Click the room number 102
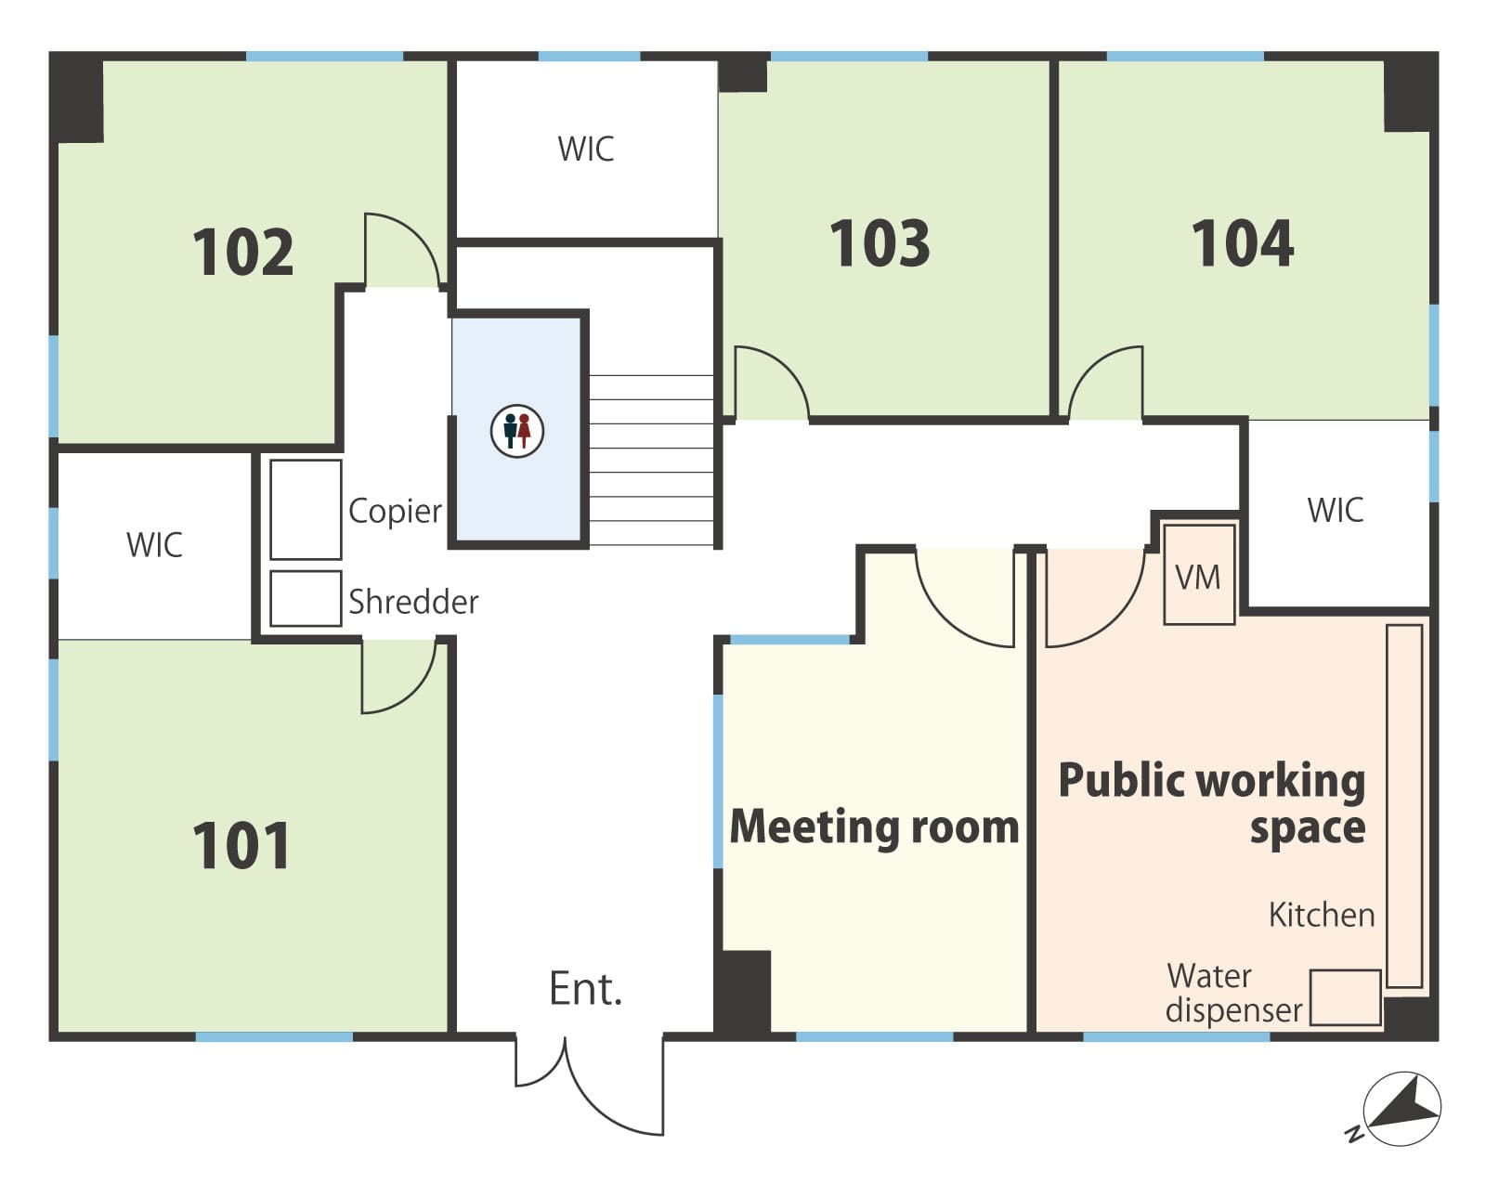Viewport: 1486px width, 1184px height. (243, 252)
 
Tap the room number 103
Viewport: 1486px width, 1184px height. (880, 243)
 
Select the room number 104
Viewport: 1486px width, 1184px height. (1243, 243)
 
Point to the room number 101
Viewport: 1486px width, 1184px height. (241, 846)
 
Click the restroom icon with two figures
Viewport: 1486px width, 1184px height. (517, 431)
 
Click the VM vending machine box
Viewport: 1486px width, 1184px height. (1199, 575)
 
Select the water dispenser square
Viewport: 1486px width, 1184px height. (1345, 997)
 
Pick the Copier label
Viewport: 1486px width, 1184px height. (395, 512)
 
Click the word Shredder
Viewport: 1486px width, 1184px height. (413, 602)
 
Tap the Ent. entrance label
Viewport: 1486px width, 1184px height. (585, 989)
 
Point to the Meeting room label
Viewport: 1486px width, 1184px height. (874, 826)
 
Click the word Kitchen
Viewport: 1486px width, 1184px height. (1322, 915)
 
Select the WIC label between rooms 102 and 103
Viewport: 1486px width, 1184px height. (585, 150)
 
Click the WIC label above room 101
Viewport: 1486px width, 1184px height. (155, 545)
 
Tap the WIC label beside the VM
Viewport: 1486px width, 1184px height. (1336, 510)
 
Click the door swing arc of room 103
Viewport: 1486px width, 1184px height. (788, 366)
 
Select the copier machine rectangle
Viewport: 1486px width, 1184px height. (306, 510)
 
